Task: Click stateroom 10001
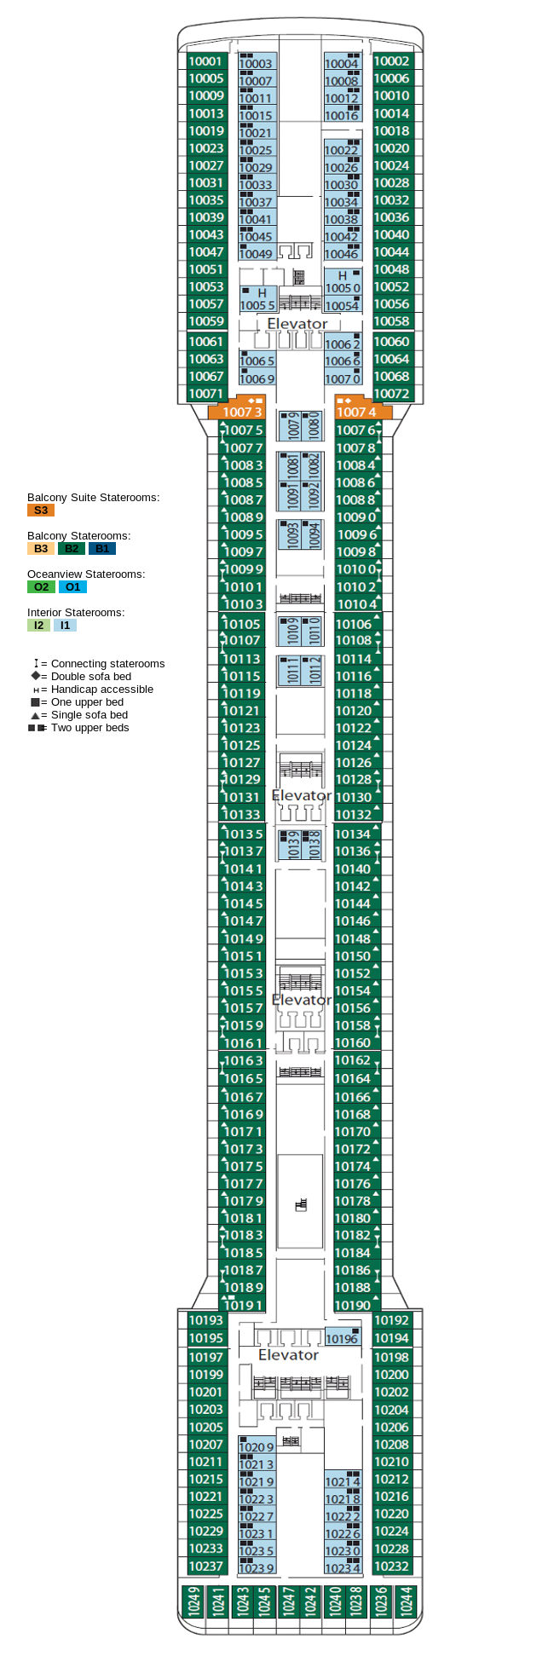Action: coord(205,61)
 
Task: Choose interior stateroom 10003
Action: coord(256,63)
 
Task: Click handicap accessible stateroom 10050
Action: coord(343,282)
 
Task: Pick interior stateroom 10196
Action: coord(342,1339)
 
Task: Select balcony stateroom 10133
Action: coord(242,815)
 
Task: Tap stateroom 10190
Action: coord(353,1305)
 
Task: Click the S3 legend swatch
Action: coord(40,511)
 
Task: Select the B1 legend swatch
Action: coord(102,549)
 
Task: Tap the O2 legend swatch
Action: coord(41,587)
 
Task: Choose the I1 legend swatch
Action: coord(65,626)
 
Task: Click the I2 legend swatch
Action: coord(38,626)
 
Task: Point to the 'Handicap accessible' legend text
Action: coord(101,690)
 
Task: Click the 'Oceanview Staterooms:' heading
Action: coord(85,574)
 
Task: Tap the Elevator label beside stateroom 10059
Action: coord(297,324)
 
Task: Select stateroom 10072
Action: coord(391,394)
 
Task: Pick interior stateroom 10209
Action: coord(257,1447)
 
